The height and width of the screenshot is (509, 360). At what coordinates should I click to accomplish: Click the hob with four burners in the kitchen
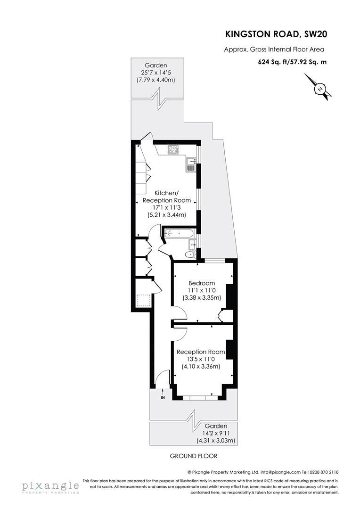coord(173,150)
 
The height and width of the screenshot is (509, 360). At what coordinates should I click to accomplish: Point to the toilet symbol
coord(189,254)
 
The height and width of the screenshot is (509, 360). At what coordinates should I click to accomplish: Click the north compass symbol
coord(320,89)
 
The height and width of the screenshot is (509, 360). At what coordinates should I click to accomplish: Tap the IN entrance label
coord(163,397)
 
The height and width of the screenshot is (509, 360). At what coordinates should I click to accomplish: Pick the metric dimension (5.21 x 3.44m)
coord(166,214)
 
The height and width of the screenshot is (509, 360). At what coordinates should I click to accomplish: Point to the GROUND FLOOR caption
coord(194,456)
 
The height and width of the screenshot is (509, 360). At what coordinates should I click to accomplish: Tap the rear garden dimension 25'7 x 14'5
coord(155,73)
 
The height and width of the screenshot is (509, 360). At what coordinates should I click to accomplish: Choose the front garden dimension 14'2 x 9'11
coord(216,433)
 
